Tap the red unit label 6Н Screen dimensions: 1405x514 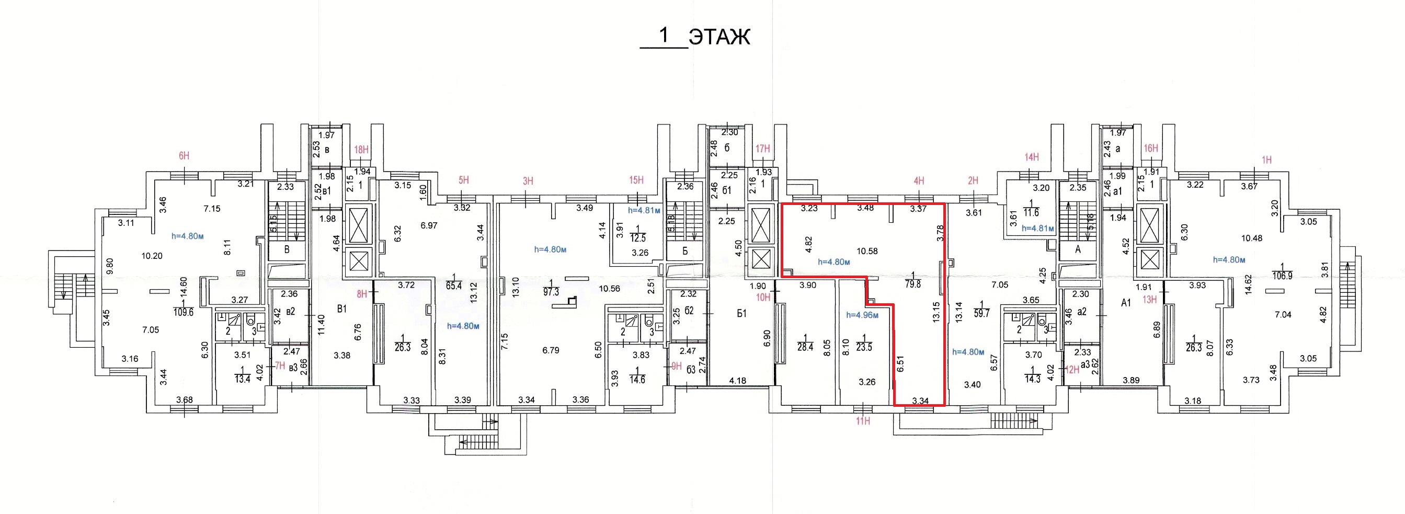(x=184, y=156)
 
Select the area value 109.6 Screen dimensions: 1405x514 (x=183, y=313)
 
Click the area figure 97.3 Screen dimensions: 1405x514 (x=552, y=292)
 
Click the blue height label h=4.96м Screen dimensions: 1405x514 (x=863, y=315)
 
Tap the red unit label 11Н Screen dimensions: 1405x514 (x=863, y=421)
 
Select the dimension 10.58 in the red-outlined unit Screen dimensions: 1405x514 (x=867, y=252)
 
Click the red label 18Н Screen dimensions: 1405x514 (x=361, y=150)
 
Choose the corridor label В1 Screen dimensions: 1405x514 (x=342, y=310)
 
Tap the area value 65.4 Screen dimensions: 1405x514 (x=454, y=285)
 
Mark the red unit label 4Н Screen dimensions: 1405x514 (x=919, y=181)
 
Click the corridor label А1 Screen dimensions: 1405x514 (x=1126, y=303)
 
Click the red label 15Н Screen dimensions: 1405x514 (x=636, y=180)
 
